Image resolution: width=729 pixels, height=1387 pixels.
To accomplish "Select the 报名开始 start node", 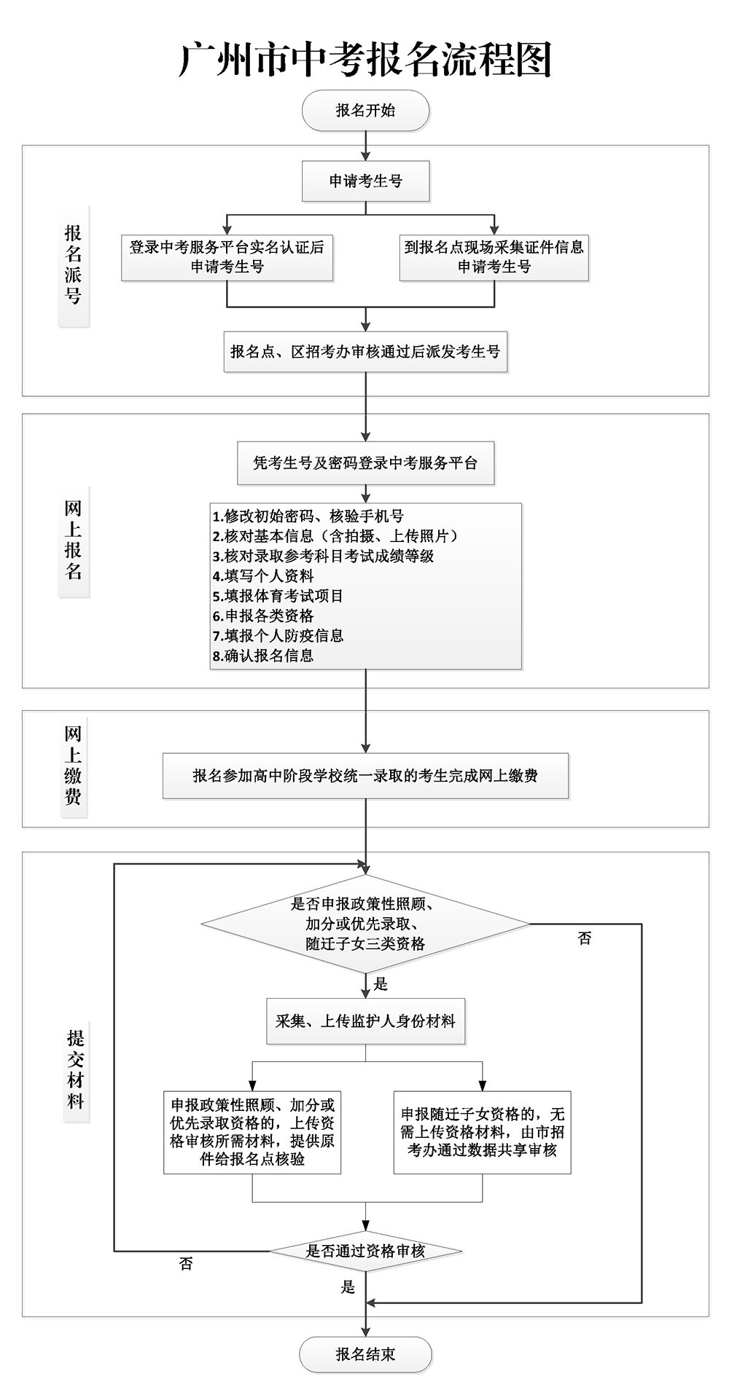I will coord(365,111).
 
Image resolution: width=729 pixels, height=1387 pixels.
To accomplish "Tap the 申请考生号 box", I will coord(365,181).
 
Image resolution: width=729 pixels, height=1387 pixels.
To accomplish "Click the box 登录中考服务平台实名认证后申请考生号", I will coord(227,256).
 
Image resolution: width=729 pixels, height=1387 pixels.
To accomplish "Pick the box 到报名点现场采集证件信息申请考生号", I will coord(494,256).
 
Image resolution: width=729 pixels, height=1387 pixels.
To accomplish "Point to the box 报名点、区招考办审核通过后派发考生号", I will coord(365,352).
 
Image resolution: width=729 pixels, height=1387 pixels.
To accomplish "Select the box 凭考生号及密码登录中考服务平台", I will coord(365,463).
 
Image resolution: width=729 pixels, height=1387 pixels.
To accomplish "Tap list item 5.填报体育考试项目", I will coord(278,596).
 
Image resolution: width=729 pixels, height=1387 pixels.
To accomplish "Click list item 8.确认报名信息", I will coord(263,656).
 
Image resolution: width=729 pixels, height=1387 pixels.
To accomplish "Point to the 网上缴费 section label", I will coord(73,765).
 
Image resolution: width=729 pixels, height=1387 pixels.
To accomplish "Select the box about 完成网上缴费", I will coord(365,777).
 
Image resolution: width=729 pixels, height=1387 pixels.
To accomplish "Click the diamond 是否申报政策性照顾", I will coord(365,924).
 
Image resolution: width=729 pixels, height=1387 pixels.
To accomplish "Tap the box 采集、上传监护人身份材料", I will coord(365,1021).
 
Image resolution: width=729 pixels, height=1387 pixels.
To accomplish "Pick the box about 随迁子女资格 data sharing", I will coord(482,1132).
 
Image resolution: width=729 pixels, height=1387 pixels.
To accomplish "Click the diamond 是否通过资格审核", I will coord(365,1252).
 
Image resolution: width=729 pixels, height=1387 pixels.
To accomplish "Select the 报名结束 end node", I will coord(365,1354).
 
